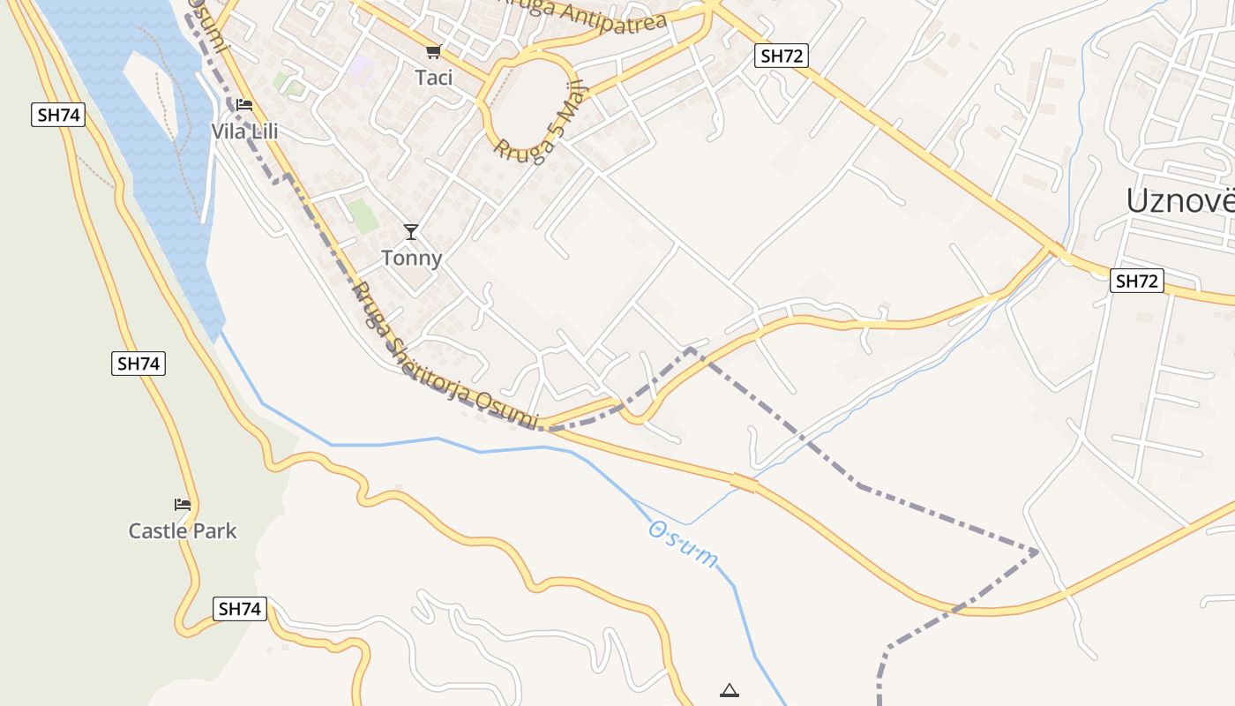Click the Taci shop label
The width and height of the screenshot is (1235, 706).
coord(433,78)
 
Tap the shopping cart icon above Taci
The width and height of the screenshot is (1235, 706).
coord(433,52)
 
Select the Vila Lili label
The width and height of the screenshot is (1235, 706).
coord(244,131)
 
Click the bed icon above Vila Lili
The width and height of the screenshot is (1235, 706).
coord(244,105)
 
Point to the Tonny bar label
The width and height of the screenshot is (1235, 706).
coord(411,259)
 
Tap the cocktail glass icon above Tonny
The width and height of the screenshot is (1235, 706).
coord(411,232)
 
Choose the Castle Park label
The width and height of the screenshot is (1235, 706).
coord(183,530)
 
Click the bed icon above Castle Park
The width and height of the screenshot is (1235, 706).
coord(183,505)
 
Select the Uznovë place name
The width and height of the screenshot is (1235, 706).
coord(1179,201)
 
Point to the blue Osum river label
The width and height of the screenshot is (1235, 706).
coord(684,544)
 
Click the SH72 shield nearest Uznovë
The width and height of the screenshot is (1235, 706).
coord(1137,282)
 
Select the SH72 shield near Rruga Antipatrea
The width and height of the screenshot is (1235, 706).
coord(782,56)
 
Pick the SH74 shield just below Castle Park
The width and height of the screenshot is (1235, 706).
coord(240,609)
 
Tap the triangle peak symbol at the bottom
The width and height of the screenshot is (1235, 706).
coord(729,690)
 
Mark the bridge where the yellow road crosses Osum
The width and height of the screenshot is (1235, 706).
coord(744,483)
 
